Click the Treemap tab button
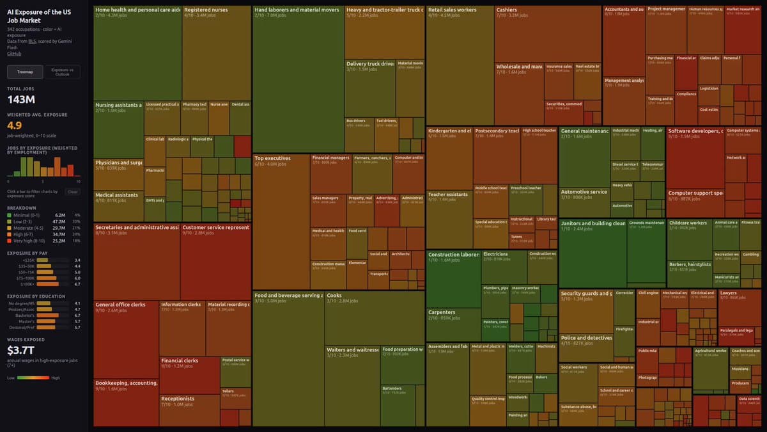coord(25,72)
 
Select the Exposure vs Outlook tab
coord(62,72)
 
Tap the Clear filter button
coord(73,191)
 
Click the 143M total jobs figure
coord(21,99)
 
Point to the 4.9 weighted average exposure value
coord(15,125)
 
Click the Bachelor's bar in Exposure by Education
coord(58,315)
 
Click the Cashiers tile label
coord(507,10)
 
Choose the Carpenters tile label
coord(441,312)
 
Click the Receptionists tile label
coord(178,398)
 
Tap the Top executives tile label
coord(272,158)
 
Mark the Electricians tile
coord(496,254)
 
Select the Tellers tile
coord(228,390)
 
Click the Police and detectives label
coord(586,337)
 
